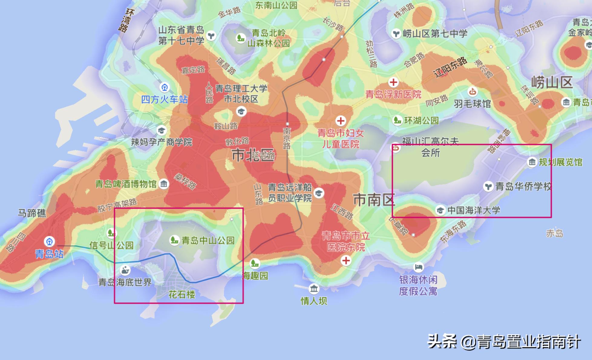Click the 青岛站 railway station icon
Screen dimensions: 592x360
49,242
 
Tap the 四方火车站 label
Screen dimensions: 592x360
165,100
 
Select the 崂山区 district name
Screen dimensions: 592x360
552,82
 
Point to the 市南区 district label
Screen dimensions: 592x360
374,200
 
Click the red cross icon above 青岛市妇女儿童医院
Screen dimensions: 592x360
341,121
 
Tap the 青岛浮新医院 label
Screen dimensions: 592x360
393,94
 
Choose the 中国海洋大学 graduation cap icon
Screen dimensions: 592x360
440,210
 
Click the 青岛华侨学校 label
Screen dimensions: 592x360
523,186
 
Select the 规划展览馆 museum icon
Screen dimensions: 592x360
532,162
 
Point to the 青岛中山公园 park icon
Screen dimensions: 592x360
174,241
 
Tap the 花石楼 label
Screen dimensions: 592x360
182,294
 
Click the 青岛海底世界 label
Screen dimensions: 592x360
125,282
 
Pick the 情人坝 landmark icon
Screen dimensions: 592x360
314,289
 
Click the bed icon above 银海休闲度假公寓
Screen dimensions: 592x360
418,267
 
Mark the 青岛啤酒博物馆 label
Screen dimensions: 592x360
126,184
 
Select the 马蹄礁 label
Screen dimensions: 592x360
32,213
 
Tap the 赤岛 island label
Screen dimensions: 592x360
554,233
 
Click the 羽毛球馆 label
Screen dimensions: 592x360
472,104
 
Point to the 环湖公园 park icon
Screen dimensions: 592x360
397,120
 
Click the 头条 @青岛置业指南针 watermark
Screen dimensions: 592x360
504,342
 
